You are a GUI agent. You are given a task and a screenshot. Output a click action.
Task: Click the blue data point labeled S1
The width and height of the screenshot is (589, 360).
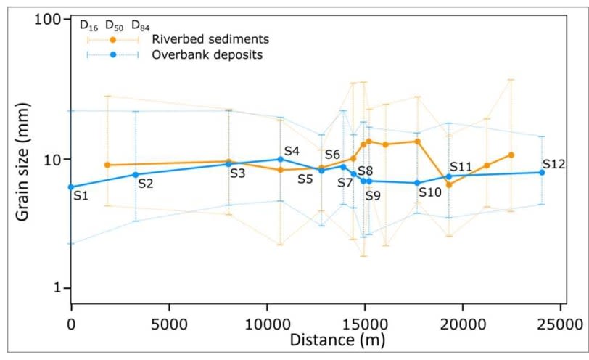pyautogui.click(x=71, y=187)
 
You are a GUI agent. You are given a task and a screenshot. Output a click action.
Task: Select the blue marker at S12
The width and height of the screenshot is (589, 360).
pyautogui.click(x=542, y=172)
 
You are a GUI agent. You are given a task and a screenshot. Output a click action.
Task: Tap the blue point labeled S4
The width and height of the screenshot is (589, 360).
pyautogui.click(x=280, y=159)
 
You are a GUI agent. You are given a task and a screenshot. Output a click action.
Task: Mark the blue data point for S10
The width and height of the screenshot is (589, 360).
pyautogui.click(x=417, y=183)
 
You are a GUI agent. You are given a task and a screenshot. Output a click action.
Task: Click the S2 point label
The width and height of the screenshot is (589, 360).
pyautogui.click(x=145, y=184)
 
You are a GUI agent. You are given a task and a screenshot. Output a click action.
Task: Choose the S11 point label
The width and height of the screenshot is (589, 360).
pyautogui.click(x=461, y=167)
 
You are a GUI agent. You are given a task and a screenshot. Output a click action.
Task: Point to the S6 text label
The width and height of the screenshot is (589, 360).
pyautogui.click(x=332, y=154)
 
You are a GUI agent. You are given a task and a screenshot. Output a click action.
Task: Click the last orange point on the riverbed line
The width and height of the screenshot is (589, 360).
pyautogui.click(x=511, y=155)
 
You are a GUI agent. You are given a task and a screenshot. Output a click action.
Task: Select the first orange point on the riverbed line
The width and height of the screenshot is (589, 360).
pyautogui.click(x=107, y=165)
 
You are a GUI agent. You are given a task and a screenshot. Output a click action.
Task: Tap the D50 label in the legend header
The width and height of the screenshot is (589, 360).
pyautogui.click(x=114, y=25)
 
